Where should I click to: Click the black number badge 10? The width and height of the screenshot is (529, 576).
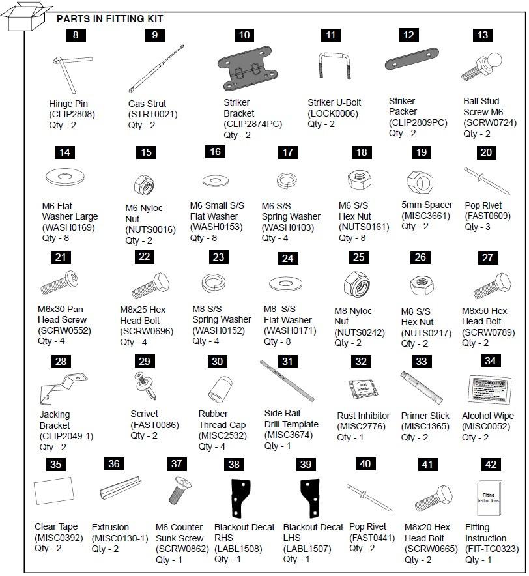(244, 36)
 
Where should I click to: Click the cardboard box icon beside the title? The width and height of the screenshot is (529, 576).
(28, 16)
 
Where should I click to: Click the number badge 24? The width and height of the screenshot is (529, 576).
(287, 258)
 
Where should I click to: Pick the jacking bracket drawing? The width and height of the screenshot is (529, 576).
(58, 388)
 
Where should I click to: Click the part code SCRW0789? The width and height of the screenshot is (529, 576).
(487, 332)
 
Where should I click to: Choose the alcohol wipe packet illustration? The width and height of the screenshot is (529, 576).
(488, 390)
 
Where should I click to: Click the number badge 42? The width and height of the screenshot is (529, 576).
(491, 465)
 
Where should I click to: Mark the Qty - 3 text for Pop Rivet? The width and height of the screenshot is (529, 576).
(478, 227)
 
